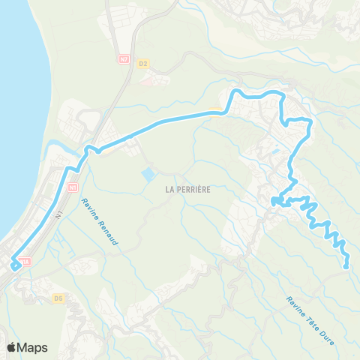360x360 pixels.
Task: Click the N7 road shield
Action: [124, 57]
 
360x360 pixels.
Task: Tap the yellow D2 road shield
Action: [144, 64]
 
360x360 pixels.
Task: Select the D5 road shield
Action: [58, 298]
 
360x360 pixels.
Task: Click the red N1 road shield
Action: [73, 187]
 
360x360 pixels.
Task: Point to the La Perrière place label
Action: [187, 190]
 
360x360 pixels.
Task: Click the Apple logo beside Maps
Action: [12, 347]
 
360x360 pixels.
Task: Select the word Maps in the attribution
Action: [33, 347]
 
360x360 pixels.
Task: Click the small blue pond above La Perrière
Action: [148, 175]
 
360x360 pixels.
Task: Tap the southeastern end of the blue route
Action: [346, 265]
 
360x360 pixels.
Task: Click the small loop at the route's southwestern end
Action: [16, 265]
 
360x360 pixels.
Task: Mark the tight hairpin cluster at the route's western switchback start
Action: [276, 200]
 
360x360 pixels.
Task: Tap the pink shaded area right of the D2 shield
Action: [157, 79]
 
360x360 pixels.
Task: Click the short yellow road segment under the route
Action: [216, 113]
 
